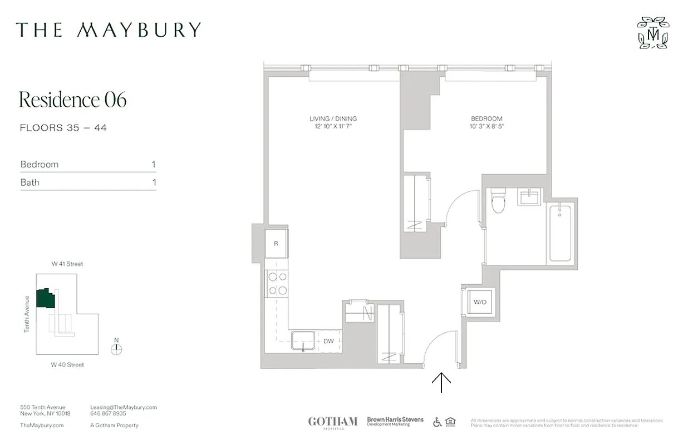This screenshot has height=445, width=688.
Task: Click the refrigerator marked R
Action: pos(277,244)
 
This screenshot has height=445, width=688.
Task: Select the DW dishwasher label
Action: pos(328,341)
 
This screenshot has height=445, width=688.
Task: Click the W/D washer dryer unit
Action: pos(480,303)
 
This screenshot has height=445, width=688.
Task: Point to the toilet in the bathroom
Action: pos(498,201)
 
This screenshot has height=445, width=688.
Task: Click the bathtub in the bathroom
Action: pos(560,233)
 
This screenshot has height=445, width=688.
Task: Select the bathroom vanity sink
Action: pos(529,196)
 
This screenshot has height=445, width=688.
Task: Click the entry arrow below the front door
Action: pos(441,382)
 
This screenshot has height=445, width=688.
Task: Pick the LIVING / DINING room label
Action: pos(333,118)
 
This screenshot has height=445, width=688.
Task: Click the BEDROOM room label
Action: pos(486,118)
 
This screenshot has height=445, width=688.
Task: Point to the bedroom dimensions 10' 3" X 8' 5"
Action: pos(486,126)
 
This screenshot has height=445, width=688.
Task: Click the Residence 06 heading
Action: pos(73,100)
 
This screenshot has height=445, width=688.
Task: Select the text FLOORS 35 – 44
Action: pos(63,128)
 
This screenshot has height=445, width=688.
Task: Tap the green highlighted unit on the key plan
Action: pos(45,299)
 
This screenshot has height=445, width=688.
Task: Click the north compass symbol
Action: pos(116,349)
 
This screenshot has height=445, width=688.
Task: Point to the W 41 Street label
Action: pos(67,264)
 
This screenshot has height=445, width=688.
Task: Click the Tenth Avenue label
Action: pos(26,314)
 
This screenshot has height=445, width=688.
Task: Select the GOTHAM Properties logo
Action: pos(332,422)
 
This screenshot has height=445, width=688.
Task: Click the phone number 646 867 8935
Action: pos(108,414)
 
